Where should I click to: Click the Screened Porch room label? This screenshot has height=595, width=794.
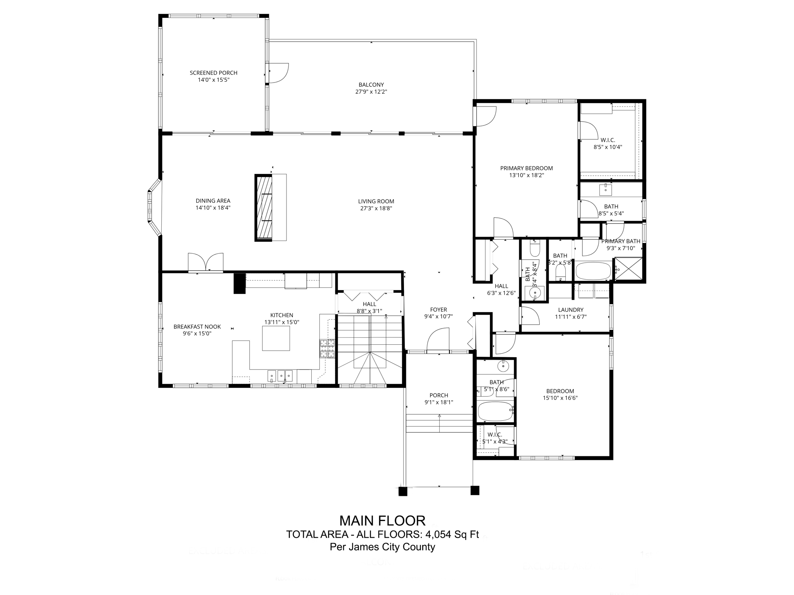click(x=213, y=73)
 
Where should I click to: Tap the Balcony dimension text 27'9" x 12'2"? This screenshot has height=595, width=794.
click(x=371, y=92)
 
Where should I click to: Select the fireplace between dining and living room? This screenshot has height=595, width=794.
click(x=263, y=208)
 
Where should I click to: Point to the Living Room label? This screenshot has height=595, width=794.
click(x=376, y=201)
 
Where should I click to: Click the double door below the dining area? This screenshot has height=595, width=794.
click(x=205, y=263)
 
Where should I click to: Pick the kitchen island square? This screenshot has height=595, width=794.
click(x=276, y=338)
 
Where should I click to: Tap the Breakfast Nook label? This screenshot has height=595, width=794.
click(x=197, y=327)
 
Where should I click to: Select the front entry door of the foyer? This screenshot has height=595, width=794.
click(x=438, y=341)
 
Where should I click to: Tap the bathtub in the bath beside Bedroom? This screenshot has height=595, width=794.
click(x=495, y=411)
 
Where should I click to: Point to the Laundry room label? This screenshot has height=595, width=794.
click(x=570, y=310)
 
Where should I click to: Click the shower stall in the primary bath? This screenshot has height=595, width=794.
click(x=628, y=269)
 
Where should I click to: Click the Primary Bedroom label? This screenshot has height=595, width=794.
click(x=526, y=168)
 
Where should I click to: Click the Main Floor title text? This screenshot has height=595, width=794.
click(x=382, y=520)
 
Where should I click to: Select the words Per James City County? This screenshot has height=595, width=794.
click(x=382, y=547)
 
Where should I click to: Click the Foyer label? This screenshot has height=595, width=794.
click(x=438, y=310)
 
